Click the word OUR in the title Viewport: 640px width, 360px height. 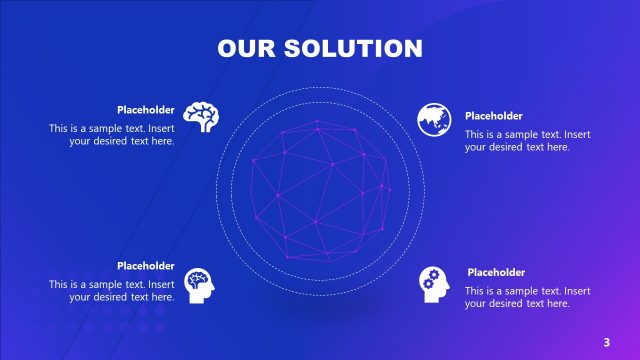[x=246, y=48]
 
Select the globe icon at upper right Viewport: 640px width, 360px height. [x=433, y=118]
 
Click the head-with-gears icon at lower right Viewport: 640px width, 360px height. [x=434, y=285]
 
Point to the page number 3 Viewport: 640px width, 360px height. [x=606, y=342]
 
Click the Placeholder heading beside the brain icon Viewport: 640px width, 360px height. [x=146, y=110]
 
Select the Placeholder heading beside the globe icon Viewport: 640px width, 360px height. [x=494, y=116]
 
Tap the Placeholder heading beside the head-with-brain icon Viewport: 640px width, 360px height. [x=146, y=266]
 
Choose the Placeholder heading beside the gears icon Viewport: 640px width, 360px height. [x=497, y=272]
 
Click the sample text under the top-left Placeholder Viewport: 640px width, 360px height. [x=112, y=135]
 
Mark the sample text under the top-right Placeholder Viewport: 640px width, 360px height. [x=527, y=141]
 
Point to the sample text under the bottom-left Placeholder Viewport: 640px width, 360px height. [x=112, y=290]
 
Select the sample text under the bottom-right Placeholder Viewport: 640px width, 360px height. [x=527, y=297]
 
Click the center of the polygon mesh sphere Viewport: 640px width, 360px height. [x=319, y=189]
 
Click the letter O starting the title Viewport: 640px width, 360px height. [x=228, y=48]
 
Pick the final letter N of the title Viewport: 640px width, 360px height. [x=412, y=48]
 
